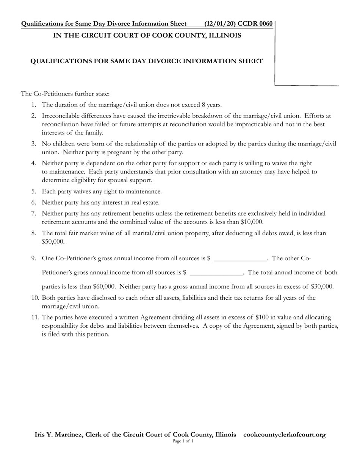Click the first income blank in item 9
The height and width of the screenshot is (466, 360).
(x=240, y=259)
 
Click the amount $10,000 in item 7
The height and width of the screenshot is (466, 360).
(x=252, y=222)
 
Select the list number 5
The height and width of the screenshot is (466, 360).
(x=34, y=192)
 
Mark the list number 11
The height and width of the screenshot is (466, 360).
(x=36, y=317)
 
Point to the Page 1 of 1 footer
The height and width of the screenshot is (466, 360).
(x=183, y=441)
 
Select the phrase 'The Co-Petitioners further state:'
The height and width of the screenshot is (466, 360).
(x=65, y=94)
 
